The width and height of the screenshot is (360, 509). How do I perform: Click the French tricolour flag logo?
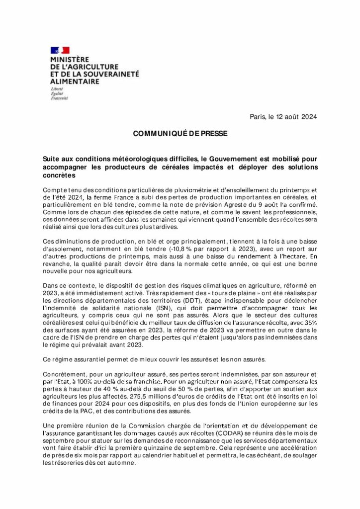[x=60, y=50]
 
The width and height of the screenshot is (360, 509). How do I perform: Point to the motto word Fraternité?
[x=59, y=98]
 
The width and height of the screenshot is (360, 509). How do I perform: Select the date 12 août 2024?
[x=293, y=117]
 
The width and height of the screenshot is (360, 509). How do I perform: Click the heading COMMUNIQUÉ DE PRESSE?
[x=180, y=134]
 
